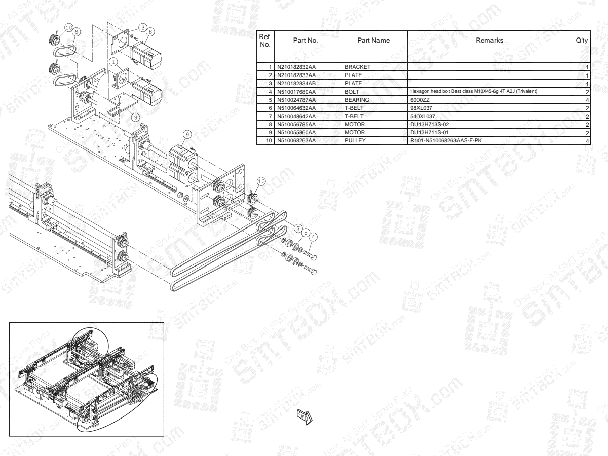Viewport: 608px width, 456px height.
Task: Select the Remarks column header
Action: pos(489,41)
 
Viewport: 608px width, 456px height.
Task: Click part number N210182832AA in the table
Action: pos(296,67)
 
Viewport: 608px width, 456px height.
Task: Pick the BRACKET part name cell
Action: pos(358,67)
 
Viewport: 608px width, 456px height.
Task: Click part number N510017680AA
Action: pos(296,92)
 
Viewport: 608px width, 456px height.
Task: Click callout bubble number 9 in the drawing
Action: pos(187,134)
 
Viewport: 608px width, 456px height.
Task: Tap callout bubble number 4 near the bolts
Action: pos(314,236)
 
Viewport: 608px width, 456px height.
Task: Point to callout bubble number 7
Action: pos(298,228)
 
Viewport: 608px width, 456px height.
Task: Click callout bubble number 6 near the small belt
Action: pos(76,31)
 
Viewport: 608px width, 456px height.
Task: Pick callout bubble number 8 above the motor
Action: pos(150,30)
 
